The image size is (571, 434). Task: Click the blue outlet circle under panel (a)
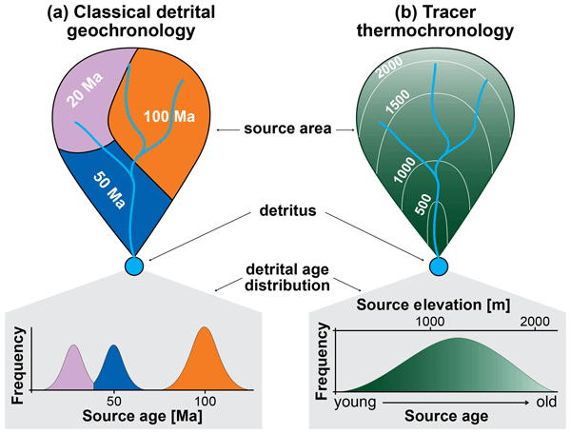click(133, 265)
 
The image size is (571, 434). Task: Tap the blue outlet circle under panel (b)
click(439, 265)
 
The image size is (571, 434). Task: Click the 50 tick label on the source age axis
click(113, 401)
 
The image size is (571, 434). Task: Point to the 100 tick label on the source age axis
click(203, 401)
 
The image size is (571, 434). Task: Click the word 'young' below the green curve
click(357, 401)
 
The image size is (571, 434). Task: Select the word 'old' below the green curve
click(543, 401)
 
